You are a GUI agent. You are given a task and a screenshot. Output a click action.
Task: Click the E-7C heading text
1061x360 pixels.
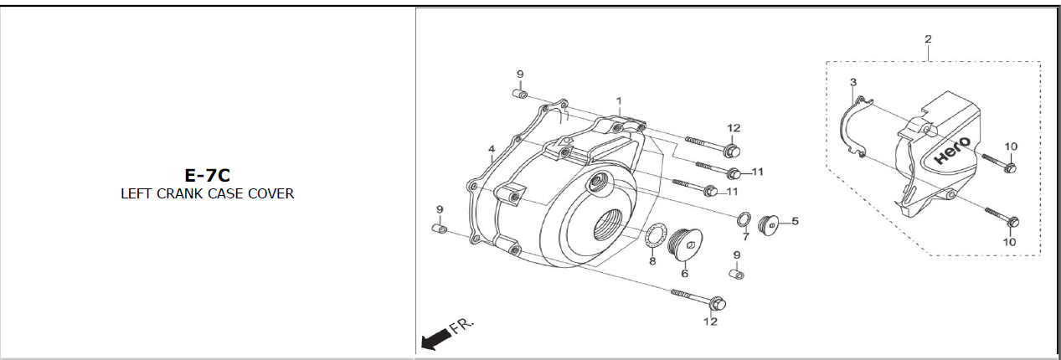pos(207,175)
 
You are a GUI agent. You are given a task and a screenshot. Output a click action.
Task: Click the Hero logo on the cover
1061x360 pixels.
pos(953,150)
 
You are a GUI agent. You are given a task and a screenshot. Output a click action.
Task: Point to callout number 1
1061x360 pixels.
pos(619,101)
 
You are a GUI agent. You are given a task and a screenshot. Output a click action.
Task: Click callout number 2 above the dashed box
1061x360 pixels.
pos(928,39)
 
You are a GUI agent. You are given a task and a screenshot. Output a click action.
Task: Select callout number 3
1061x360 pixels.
pos(852,82)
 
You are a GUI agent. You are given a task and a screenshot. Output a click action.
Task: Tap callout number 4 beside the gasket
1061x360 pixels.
pos(492,150)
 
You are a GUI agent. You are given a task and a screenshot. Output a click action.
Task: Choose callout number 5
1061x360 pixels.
pos(795,221)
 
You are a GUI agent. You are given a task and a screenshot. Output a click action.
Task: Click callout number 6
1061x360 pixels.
pos(684,273)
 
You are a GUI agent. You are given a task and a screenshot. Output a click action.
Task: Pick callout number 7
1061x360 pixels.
pos(744,238)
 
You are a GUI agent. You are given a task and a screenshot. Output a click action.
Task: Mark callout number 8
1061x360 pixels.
pos(652,260)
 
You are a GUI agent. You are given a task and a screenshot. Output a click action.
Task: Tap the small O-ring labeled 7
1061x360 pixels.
pos(743,220)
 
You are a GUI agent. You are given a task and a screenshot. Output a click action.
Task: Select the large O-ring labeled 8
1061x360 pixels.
pos(657,237)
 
